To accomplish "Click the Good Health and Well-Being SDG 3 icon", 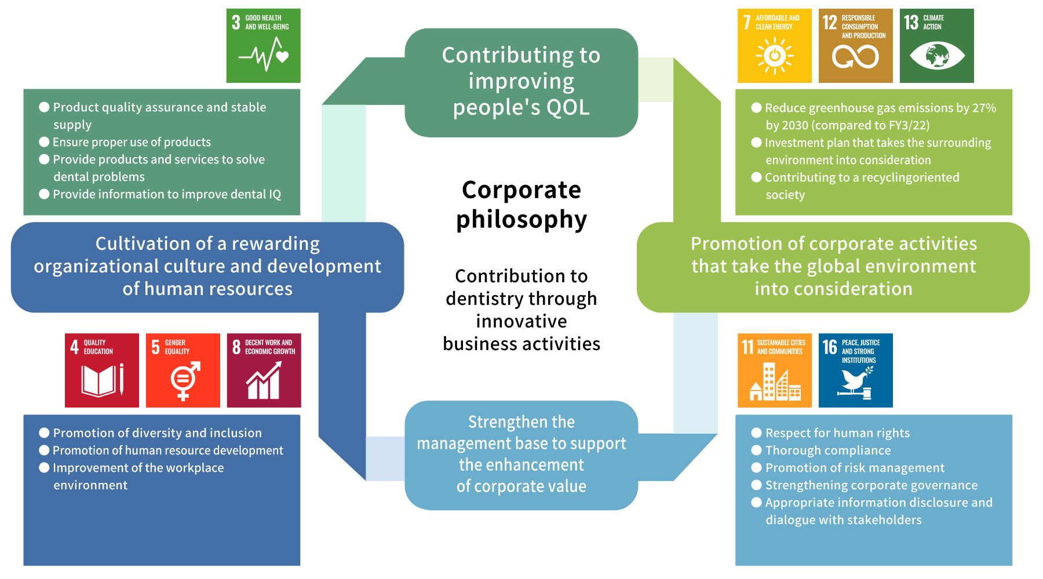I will (x=264, y=46).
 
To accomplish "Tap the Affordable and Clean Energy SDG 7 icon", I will (x=775, y=46).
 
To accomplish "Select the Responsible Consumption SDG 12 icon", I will (x=856, y=46).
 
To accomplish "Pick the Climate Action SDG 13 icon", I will (x=937, y=46).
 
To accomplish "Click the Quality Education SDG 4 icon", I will (x=102, y=370).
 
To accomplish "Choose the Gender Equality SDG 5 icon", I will (x=183, y=370).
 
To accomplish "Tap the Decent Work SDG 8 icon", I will (x=264, y=370).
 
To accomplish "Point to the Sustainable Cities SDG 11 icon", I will (x=775, y=370).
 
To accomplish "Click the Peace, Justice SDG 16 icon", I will (x=856, y=370).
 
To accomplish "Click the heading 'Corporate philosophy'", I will (x=521, y=205).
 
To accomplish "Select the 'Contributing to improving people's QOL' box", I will (x=521, y=82).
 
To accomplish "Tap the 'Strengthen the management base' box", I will (x=521, y=455).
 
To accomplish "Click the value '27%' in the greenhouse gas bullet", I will (x=984, y=108).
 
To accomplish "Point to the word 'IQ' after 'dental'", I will (x=275, y=194).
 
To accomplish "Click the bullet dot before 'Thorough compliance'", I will (x=756, y=450).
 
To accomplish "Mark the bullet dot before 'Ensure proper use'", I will (x=44, y=142).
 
